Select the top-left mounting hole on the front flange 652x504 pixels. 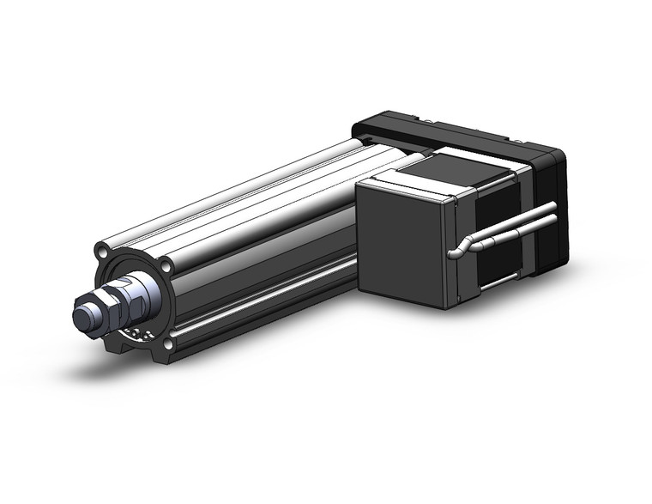click(x=104, y=254)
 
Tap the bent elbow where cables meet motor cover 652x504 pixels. click(x=459, y=249)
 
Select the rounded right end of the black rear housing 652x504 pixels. click(x=553, y=197)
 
